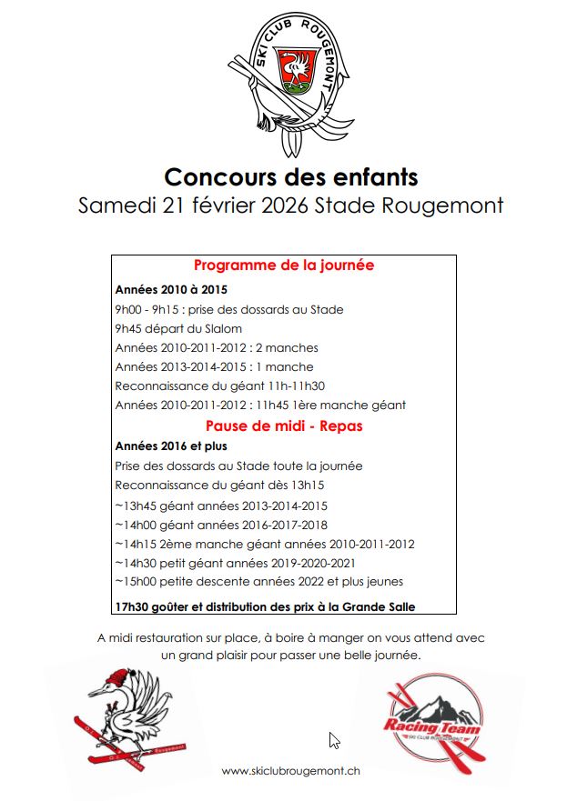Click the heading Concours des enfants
click(290, 175)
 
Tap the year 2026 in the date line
click(285, 205)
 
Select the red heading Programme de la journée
click(284, 265)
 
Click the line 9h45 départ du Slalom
click(178, 328)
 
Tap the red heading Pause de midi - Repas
click(284, 426)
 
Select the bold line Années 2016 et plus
click(171, 446)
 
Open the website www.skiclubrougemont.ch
click(290, 771)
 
